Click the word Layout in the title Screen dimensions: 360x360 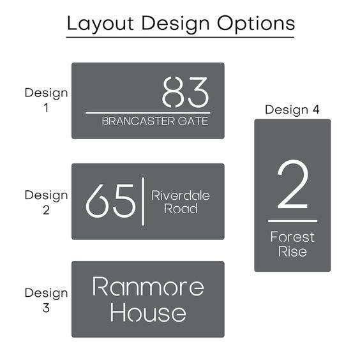100,24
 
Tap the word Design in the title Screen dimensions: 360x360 176,24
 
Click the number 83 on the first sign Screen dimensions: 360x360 186,92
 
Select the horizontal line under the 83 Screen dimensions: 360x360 148,113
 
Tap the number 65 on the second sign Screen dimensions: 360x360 110,200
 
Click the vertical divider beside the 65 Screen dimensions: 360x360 143,201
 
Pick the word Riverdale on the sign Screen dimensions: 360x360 181,195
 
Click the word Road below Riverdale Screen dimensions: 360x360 181,209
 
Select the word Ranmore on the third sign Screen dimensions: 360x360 148,287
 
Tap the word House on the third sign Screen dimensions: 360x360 148,312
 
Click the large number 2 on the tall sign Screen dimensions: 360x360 292,184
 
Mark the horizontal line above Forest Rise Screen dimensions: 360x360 293,221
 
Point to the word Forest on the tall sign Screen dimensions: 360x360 292,237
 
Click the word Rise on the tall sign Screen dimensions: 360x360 292,251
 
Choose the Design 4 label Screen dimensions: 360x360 292,110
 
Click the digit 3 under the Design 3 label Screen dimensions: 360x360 46,308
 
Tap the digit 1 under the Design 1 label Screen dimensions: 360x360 46,108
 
